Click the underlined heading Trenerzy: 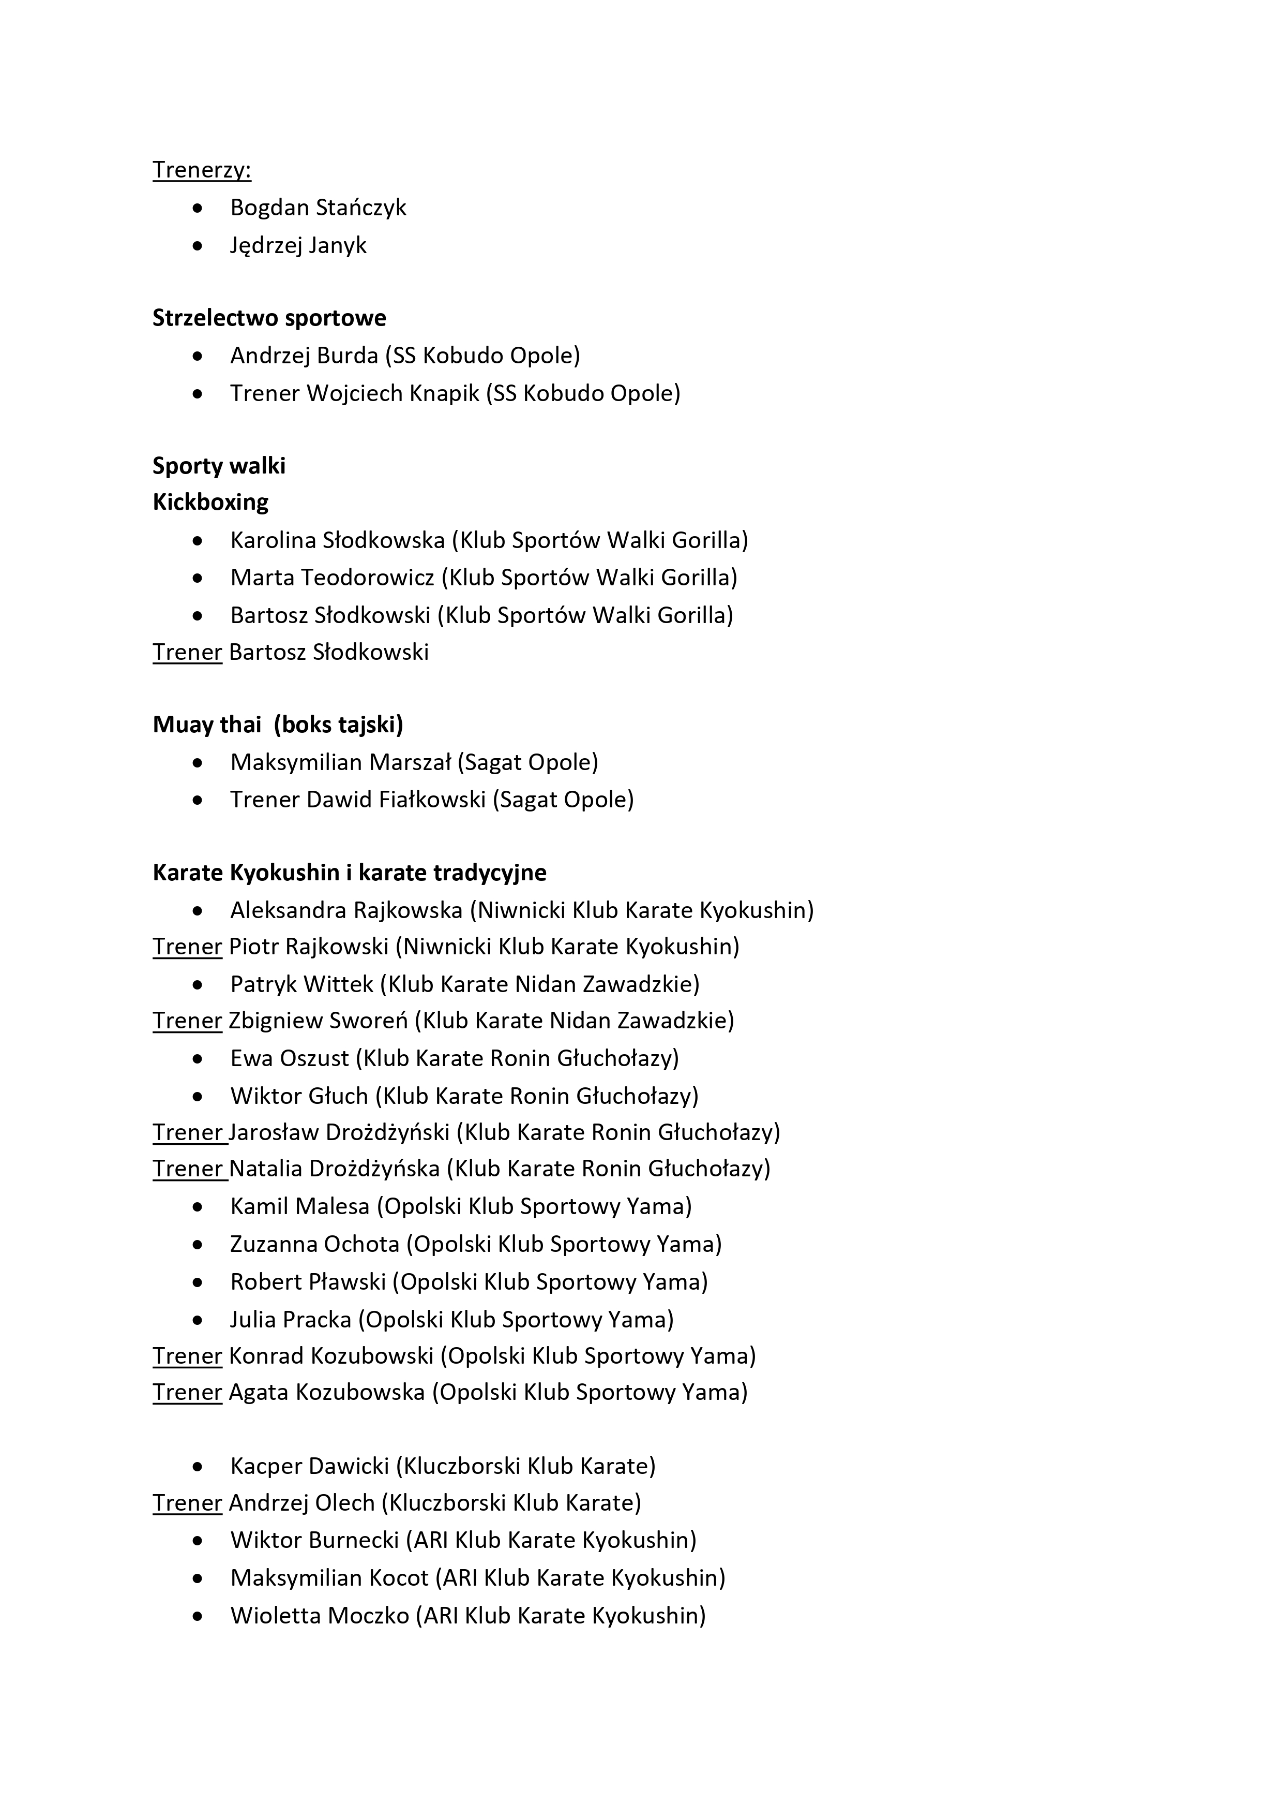tap(202, 170)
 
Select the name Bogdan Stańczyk tap(318, 207)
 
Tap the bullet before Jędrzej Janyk tap(198, 246)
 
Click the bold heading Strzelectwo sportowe tap(269, 318)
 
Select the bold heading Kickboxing tap(210, 502)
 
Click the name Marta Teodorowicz tap(332, 578)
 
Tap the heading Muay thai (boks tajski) tap(278, 725)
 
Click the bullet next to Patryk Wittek tap(198, 985)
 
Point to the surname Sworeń tap(372, 1021)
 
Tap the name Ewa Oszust tap(289, 1058)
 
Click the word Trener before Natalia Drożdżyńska tap(187, 1169)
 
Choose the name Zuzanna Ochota tap(314, 1244)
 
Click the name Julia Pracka tap(290, 1319)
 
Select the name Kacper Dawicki tap(309, 1466)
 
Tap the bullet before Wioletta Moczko tap(198, 1616)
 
